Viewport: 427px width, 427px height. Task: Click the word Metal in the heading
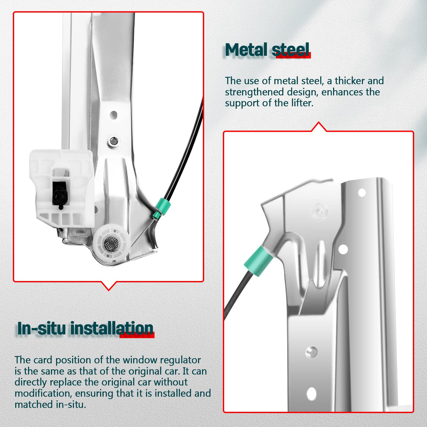point(246,50)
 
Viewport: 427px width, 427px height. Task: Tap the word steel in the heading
point(290,50)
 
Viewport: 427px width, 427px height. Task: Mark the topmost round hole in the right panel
point(362,193)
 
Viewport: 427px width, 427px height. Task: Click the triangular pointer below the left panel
point(109,286)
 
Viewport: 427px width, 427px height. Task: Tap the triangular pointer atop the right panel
point(318,127)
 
